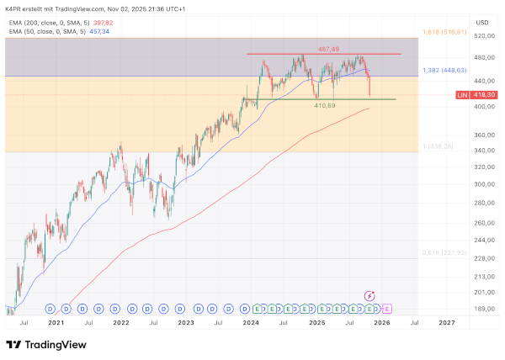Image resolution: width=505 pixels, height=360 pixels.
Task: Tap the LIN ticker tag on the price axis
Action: [x=461, y=95]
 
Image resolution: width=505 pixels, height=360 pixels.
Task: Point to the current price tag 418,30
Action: [x=481, y=95]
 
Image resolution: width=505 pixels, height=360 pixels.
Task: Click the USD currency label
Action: [x=482, y=22]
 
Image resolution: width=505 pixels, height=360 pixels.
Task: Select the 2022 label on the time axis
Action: [x=121, y=322]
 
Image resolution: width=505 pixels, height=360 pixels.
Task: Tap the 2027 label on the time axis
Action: [x=446, y=322]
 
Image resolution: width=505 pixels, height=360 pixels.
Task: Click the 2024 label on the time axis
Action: [x=251, y=322]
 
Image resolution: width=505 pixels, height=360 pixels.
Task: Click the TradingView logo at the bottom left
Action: [x=42, y=345]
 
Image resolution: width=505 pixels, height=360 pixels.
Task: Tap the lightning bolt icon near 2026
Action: [x=369, y=295]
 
